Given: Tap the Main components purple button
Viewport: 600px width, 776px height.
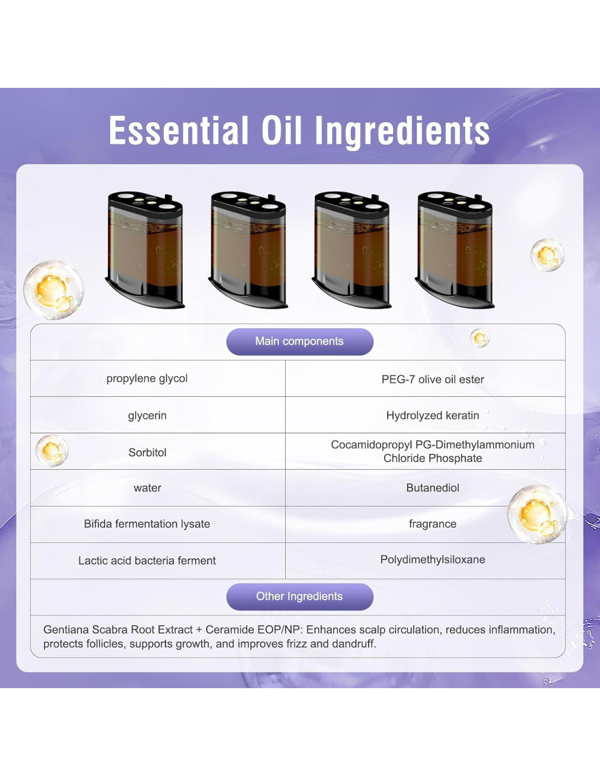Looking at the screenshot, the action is click(x=300, y=342).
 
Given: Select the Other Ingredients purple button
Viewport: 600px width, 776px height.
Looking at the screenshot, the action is click(x=300, y=596).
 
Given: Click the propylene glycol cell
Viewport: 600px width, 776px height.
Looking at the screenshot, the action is click(x=147, y=379).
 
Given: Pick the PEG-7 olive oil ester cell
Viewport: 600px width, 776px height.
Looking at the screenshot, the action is click(x=433, y=379).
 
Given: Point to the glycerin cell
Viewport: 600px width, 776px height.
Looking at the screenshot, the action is click(x=147, y=416).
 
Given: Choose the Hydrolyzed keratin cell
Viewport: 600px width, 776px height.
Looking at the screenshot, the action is click(x=433, y=415).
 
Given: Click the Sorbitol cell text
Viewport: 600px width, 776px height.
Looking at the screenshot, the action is click(x=147, y=452).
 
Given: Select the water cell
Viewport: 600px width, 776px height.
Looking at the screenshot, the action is click(x=147, y=488).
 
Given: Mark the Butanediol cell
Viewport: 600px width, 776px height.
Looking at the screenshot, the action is click(x=433, y=488).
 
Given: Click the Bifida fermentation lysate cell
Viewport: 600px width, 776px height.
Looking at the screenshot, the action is click(x=147, y=524).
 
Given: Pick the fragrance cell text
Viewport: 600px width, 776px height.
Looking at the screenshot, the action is click(x=433, y=524).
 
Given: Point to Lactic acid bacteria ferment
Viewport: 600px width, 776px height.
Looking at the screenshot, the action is click(x=147, y=560).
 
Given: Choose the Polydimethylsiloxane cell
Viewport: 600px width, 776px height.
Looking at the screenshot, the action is click(x=433, y=559).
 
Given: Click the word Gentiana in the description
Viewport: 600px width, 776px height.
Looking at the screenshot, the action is click(x=66, y=630).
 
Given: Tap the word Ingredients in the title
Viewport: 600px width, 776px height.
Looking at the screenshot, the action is click(x=402, y=131).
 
